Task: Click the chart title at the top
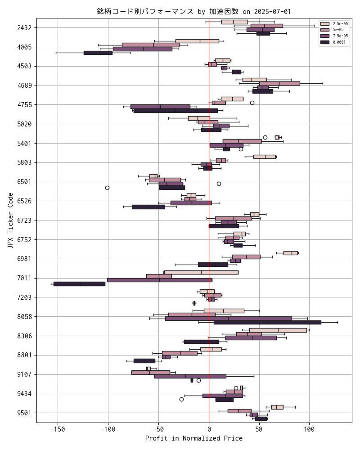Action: [x=197, y=11]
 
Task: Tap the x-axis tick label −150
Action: [x=57, y=428]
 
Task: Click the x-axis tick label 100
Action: [x=309, y=428]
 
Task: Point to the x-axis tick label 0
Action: [x=209, y=428]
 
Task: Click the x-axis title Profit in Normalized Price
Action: [x=193, y=438]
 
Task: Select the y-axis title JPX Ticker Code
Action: [x=10, y=220]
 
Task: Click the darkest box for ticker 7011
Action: [x=79, y=284]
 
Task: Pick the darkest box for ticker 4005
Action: [x=98, y=53]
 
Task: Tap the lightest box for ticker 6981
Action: [x=290, y=253]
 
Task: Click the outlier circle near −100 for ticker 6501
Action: [x=107, y=188]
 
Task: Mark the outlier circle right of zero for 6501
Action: [x=219, y=184]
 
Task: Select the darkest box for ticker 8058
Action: [x=267, y=322]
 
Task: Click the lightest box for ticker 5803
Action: [x=264, y=157]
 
